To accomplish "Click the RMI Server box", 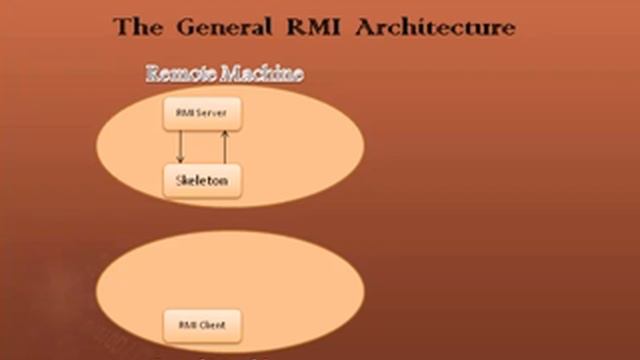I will point(202,114).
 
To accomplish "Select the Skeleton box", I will point(202,181).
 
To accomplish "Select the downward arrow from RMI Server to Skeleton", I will point(180,146).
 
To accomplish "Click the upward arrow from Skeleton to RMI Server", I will point(224,146).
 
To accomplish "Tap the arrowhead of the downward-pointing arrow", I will point(180,160).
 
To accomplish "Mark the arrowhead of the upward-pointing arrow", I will point(224,133).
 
